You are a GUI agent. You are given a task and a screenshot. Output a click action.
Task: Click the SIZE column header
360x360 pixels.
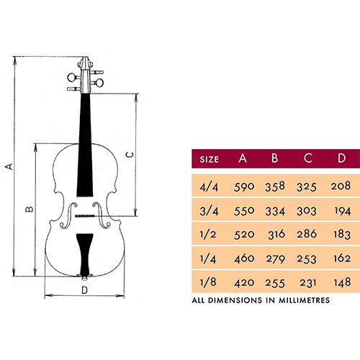click(x=209, y=159)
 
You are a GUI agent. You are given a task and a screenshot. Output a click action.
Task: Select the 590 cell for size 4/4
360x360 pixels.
click(x=244, y=186)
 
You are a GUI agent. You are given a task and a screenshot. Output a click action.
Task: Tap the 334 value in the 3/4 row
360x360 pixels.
click(x=275, y=211)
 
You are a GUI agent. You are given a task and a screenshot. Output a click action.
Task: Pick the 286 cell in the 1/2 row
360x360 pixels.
click(x=307, y=234)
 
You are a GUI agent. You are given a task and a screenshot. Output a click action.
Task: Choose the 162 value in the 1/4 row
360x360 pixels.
click(x=342, y=258)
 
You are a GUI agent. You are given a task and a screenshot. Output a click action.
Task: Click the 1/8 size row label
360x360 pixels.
click(x=208, y=282)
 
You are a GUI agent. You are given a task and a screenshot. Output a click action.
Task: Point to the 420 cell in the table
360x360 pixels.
click(x=244, y=283)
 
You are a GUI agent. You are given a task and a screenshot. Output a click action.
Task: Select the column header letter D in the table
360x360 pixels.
click(x=341, y=158)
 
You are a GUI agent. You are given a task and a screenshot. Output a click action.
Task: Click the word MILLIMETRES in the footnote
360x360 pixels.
click(x=304, y=300)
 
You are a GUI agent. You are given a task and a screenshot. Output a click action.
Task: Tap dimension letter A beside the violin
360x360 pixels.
click(x=9, y=166)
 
